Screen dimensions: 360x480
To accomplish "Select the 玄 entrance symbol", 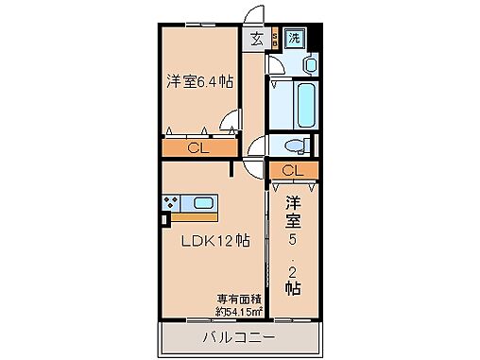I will tap(257, 39).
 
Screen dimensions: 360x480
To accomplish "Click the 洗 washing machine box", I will tap(294, 39).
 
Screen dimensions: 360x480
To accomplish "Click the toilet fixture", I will tap(295, 146).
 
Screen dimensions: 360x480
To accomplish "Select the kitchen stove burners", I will tap(172, 202).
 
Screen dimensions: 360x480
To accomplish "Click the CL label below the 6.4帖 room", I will tap(197, 147).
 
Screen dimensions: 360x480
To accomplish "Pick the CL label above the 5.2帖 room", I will tap(292, 170).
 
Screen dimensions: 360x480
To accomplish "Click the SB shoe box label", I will tap(274, 39).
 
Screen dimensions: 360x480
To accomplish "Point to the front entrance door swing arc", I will tap(253, 17).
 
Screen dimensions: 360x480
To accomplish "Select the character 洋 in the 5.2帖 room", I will tap(293, 202).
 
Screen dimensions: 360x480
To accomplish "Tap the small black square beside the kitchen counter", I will tap(164, 220).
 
